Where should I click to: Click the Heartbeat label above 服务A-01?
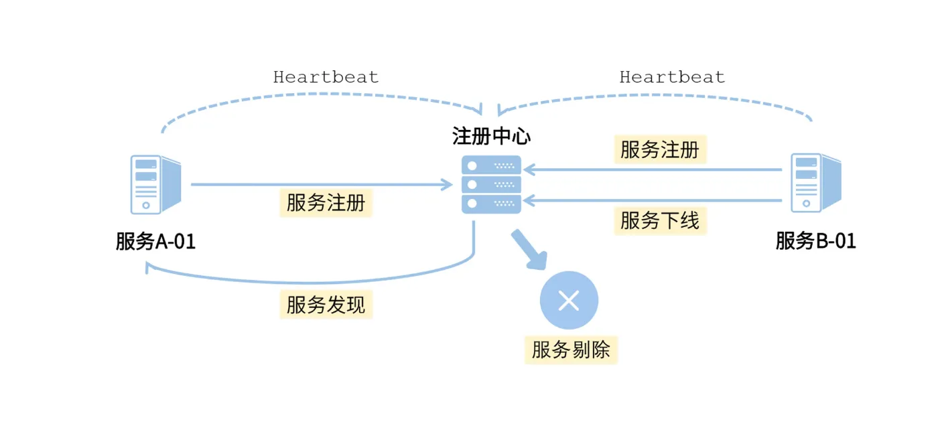point(326,77)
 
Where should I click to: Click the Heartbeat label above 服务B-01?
point(672,77)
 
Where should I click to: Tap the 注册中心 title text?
point(491,137)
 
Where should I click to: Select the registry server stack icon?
point(491,184)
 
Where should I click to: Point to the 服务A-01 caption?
point(155,241)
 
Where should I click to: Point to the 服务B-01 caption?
point(815,241)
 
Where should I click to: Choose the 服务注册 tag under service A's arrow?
point(326,203)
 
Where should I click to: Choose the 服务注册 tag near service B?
point(660,150)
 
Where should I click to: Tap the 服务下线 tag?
point(660,220)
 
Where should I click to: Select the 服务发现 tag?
point(326,305)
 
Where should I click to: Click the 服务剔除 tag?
point(571,350)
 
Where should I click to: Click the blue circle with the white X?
point(569,301)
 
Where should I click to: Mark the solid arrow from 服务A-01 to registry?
point(322,184)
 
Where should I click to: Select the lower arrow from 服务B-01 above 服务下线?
point(653,200)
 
